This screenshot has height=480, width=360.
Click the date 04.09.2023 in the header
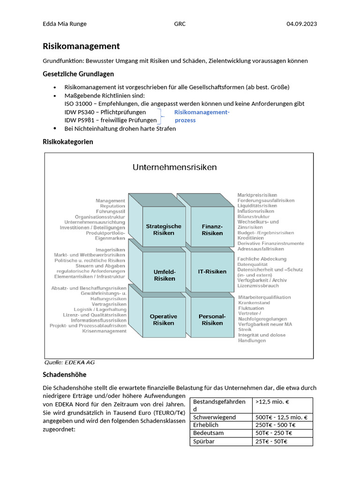[x=301, y=24]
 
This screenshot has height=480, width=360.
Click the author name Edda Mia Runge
[x=65, y=24]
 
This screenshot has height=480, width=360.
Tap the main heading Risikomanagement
[x=81, y=46]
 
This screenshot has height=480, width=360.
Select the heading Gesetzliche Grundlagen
[x=78, y=74]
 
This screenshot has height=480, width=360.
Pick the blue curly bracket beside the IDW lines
[x=162, y=116]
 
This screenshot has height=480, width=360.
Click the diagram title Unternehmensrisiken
[x=174, y=167]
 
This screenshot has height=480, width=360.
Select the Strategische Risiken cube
[x=164, y=230]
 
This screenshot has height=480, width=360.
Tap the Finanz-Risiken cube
[x=212, y=230]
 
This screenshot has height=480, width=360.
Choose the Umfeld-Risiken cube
[x=164, y=275]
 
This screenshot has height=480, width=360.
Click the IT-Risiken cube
[x=212, y=271]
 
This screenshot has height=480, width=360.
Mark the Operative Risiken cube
[x=164, y=320]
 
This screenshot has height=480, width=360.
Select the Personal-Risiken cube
[x=212, y=320]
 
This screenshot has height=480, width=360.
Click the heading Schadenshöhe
[x=65, y=375]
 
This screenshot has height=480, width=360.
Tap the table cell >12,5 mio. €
[x=272, y=402]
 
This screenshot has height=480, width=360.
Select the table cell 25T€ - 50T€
[x=271, y=441]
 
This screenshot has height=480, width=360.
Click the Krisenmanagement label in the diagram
[x=104, y=331]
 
